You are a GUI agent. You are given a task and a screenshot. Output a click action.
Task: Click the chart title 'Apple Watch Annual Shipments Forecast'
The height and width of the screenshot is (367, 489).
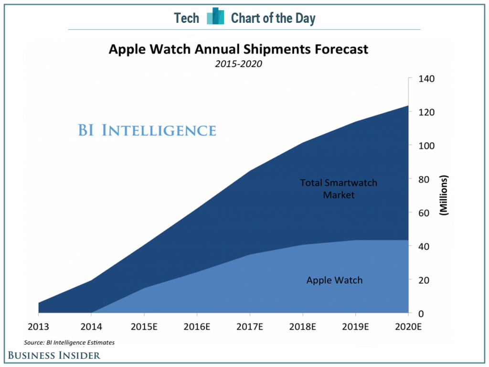click(238, 49)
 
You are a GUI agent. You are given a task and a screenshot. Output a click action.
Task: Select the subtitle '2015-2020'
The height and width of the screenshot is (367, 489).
click(238, 64)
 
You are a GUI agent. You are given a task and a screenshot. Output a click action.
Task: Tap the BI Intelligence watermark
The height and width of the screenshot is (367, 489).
click(147, 130)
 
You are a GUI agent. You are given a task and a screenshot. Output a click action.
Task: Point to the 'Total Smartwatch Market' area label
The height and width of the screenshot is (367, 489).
click(339, 188)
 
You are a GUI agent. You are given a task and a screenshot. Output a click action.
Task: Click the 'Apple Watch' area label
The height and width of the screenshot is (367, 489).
click(334, 280)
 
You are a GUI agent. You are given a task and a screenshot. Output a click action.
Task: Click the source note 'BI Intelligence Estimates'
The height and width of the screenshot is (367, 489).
click(69, 342)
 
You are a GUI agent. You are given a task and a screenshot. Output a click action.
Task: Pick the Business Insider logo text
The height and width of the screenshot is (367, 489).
click(54, 355)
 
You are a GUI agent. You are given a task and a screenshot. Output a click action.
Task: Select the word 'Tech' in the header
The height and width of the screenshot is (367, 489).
click(186, 19)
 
